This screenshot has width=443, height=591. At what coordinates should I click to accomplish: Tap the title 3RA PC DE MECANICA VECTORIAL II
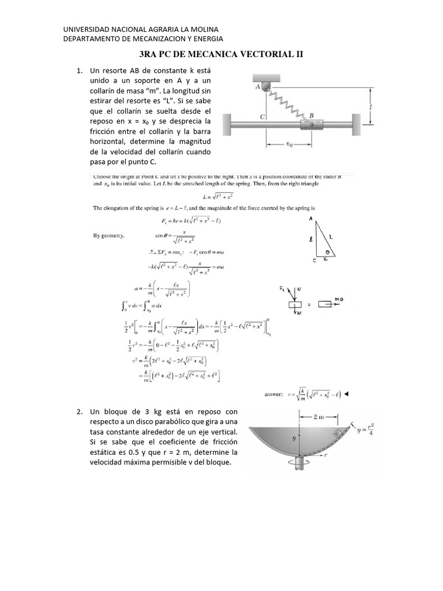tap(222, 54)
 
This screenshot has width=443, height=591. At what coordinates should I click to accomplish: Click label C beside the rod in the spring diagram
tap(262, 116)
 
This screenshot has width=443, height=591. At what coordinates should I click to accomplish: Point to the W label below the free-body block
tap(298, 314)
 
